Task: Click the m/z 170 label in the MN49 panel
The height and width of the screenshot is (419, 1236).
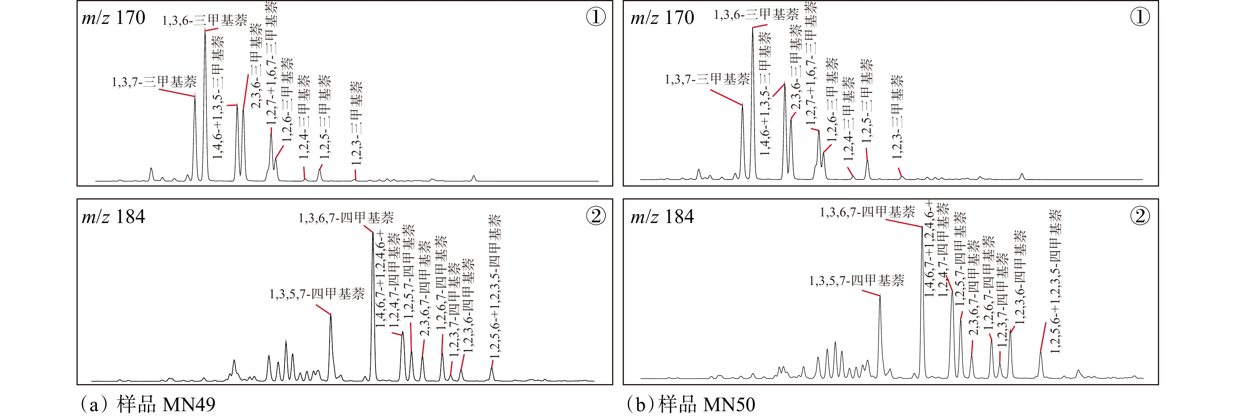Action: tap(114, 18)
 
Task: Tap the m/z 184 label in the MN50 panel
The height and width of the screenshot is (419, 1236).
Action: tap(662, 217)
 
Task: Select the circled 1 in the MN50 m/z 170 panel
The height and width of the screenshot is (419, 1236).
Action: tap(1140, 17)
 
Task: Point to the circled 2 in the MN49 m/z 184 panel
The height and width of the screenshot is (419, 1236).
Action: tap(596, 216)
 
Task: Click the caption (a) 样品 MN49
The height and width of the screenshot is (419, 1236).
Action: tap(147, 404)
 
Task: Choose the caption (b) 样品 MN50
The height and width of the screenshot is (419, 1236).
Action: tap(691, 404)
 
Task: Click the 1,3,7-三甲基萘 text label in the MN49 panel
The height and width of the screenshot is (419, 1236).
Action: tap(154, 82)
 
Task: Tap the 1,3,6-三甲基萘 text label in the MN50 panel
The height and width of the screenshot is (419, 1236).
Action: tap(756, 15)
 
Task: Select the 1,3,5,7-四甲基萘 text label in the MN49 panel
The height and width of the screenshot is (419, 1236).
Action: tap(317, 294)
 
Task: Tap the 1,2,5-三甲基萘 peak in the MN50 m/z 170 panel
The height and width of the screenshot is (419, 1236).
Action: tap(867, 161)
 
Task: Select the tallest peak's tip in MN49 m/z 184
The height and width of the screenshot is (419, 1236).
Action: tap(373, 234)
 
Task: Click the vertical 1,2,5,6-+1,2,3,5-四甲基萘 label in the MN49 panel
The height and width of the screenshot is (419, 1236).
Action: tap(495, 287)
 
